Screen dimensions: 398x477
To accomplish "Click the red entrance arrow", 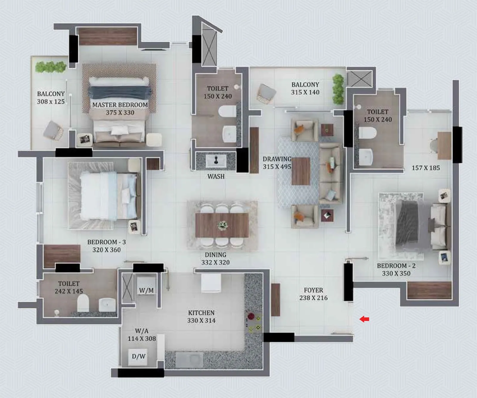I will point(364,319).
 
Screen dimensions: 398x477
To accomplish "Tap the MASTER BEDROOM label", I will point(120,105).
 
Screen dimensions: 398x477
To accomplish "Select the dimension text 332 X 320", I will point(215,263).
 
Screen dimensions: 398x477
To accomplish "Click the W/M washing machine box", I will point(146,290).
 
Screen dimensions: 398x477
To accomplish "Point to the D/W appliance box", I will point(139,356).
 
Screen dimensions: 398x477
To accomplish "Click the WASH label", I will point(216,176).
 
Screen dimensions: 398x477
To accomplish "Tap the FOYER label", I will point(313,290).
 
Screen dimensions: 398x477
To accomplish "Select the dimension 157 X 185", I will point(425,168).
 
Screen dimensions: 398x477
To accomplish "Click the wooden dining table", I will point(222,225).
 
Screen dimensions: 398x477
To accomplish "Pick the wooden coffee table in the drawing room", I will point(301,171).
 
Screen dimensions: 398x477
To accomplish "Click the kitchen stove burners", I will point(253,322).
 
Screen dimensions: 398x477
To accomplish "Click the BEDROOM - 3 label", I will point(106,242).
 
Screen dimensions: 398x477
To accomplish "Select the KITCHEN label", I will point(201,313).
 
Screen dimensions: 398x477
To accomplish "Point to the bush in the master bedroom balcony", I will point(50,67).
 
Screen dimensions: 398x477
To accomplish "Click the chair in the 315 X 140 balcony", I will point(266,94).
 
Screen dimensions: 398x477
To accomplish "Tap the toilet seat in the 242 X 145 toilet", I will point(83,303).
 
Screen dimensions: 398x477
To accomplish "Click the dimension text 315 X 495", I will point(277,167).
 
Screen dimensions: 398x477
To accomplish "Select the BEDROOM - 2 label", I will point(396,266).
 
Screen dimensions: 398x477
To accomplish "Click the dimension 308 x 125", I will point(51,101).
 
